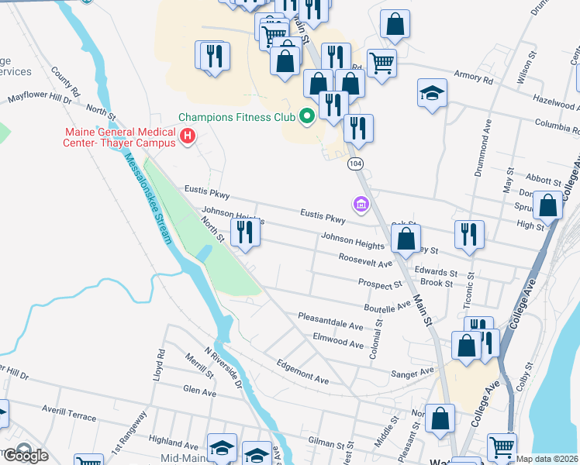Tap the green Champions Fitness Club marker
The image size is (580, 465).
(x=306, y=118)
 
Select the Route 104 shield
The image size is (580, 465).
(x=355, y=164)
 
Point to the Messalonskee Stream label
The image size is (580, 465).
(x=147, y=198)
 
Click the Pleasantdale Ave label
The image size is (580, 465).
(x=331, y=321)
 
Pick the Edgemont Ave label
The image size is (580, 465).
(x=303, y=371)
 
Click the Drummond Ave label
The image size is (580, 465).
(x=486, y=147)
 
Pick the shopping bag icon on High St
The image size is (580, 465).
(x=548, y=207)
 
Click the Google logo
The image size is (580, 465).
(x=26, y=455)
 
